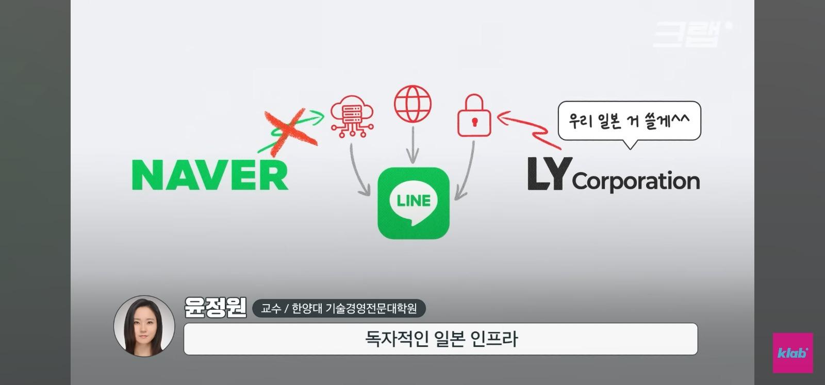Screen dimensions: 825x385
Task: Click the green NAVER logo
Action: (x=210, y=175)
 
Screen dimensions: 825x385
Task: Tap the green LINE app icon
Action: (x=414, y=203)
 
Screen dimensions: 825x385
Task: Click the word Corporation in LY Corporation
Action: (x=636, y=181)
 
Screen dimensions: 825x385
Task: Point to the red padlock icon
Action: (x=474, y=115)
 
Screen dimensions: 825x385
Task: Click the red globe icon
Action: (x=412, y=104)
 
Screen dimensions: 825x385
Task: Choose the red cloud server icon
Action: (x=352, y=116)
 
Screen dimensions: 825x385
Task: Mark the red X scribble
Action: (x=290, y=132)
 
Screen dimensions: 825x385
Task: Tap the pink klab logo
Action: (x=793, y=353)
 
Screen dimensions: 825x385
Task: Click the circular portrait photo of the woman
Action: (x=144, y=326)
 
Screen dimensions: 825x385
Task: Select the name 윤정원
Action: (x=216, y=307)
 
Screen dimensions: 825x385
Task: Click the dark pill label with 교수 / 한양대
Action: (x=339, y=308)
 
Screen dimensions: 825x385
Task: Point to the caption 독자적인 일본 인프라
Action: (x=441, y=339)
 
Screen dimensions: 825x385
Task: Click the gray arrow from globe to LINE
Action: (x=413, y=145)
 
